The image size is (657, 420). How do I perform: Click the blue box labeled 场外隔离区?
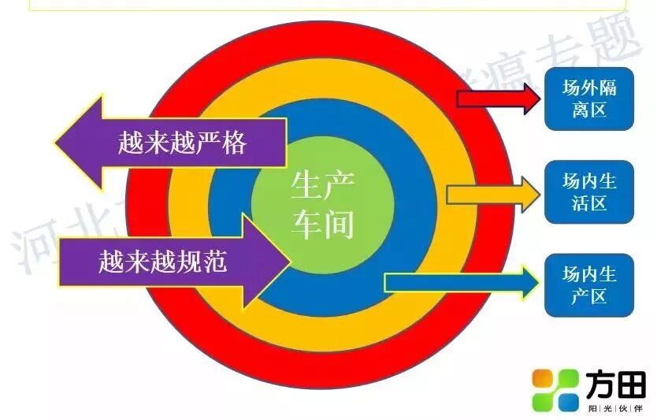click(589, 98)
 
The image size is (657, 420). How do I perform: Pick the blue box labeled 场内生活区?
click(589, 192)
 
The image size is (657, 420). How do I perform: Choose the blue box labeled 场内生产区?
click(589, 285)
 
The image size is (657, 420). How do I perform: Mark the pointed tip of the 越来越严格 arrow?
click(57, 143)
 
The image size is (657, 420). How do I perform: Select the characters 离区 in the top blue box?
click(589, 110)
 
